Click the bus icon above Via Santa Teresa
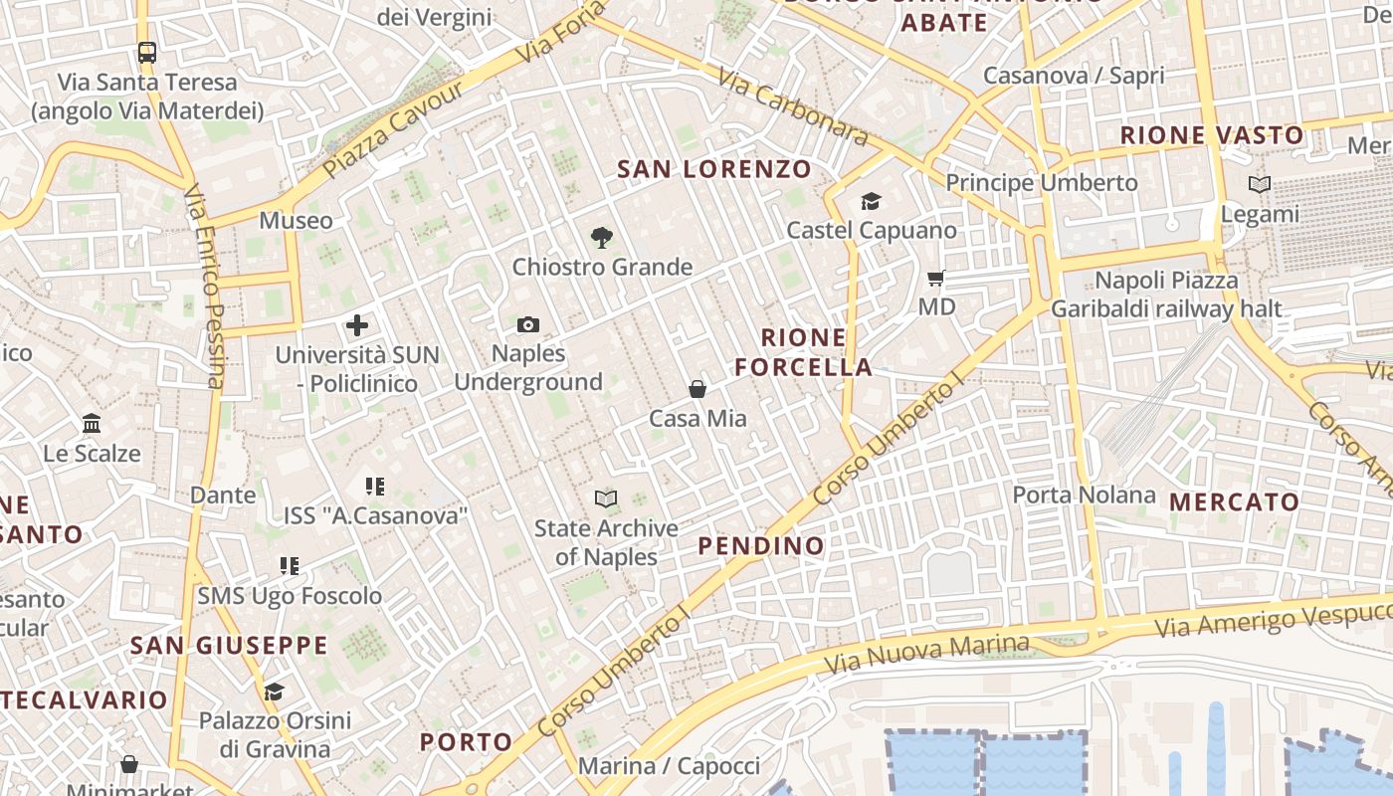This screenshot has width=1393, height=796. pyautogui.click(x=147, y=52)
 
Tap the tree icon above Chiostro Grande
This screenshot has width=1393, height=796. pyautogui.click(x=601, y=237)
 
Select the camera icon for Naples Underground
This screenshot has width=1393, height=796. pyautogui.click(x=528, y=324)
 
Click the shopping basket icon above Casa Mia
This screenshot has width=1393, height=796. pyautogui.click(x=697, y=389)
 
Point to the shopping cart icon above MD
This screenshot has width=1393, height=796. pyautogui.click(x=935, y=278)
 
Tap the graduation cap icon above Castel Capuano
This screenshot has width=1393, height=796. pyautogui.click(x=872, y=201)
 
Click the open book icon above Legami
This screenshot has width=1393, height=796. pyautogui.click(x=1260, y=184)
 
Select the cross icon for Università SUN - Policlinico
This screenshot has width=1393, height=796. pyautogui.click(x=356, y=325)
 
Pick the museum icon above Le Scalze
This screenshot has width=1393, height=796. pyautogui.click(x=92, y=424)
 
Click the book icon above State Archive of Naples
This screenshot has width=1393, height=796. pyautogui.click(x=605, y=498)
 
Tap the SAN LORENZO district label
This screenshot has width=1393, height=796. pyautogui.click(x=714, y=169)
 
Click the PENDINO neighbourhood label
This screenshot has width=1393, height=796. pyautogui.click(x=761, y=545)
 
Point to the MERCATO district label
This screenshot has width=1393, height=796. pyautogui.click(x=1234, y=502)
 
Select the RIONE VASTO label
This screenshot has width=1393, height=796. pyautogui.click(x=1212, y=135)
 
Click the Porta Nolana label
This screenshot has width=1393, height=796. pyautogui.click(x=1084, y=495)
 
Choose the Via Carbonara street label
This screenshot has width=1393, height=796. pyautogui.click(x=792, y=107)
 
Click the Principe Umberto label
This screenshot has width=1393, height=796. pyautogui.click(x=1041, y=183)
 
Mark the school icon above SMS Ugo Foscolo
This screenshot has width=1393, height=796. pyautogui.click(x=290, y=566)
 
